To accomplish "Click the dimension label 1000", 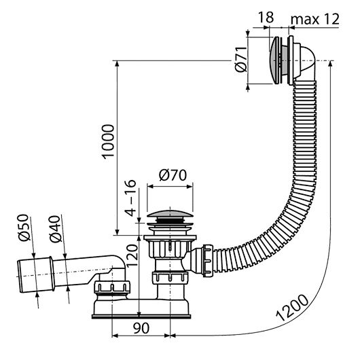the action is pyautogui.click(x=109, y=141).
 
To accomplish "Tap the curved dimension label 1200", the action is pyautogui.click(x=292, y=308).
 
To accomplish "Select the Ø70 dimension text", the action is pyautogui.click(x=173, y=175).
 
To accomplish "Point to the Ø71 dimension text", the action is pyautogui.click(x=241, y=59).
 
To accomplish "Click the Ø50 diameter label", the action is pyautogui.click(x=24, y=228).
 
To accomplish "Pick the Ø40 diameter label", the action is pyautogui.click(x=56, y=229).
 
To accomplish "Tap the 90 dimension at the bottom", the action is pyautogui.click(x=141, y=328).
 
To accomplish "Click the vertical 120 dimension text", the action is pyautogui.click(x=132, y=255).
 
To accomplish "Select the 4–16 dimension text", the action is pyautogui.click(x=131, y=198).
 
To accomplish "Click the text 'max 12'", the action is pyautogui.click(x=314, y=19).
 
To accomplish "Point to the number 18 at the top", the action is pyautogui.click(x=266, y=17).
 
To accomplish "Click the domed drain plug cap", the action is pyautogui.click(x=170, y=213).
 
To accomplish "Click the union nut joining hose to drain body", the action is pyautogui.click(x=208, y=260).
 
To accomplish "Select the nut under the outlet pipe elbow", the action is pyautogui.click(x=111, y=287).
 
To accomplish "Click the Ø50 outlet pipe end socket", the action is pyautogui.click(x=35, y=275).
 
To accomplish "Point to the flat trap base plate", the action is pyautogui.click(x=141, y=317).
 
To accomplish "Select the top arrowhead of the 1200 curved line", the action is pyautogui.click(x=330, y=63).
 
